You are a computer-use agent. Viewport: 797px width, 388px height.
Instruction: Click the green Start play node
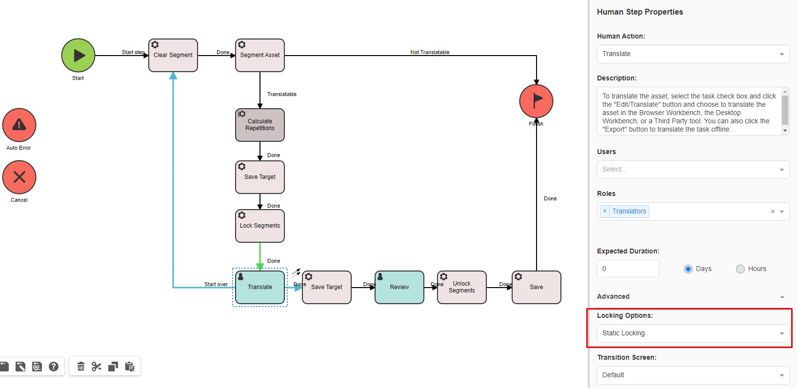click(78, 56)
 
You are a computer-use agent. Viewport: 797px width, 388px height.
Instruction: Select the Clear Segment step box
click(173, 56)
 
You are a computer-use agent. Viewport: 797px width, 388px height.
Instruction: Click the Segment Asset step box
click(260, 56)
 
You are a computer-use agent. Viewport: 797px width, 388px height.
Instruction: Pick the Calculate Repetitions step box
click(260, 125)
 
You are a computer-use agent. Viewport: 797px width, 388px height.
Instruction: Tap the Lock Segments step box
click(260, 226)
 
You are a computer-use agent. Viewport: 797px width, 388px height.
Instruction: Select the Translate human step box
click(260, 288)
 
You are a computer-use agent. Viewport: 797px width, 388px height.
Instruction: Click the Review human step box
click(399, 288)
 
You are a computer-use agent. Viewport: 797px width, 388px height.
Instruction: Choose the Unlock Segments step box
click(462, 288)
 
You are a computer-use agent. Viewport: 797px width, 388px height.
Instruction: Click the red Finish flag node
click(536, 101)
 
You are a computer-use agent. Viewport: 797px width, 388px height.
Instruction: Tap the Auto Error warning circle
click(19, 125)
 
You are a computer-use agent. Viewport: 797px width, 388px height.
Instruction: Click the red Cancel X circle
click(19, 177)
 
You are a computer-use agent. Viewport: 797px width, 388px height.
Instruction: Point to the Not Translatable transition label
click(430, 52)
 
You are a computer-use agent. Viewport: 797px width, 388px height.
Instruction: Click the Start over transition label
click(216, 284)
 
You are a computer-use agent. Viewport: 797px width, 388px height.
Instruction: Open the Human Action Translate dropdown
click(693, 54)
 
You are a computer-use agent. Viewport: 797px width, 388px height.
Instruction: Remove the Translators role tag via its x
click(605, 211)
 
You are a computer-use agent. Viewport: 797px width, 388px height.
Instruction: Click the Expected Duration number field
click(628, 269)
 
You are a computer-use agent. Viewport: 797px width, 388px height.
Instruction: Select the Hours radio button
click(740, 269)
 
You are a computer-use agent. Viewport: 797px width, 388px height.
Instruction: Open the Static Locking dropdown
click(693, 333)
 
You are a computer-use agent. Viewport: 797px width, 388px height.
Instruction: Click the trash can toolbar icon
click(81, 367)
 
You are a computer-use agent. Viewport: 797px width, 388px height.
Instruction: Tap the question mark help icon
click(54, 367)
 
